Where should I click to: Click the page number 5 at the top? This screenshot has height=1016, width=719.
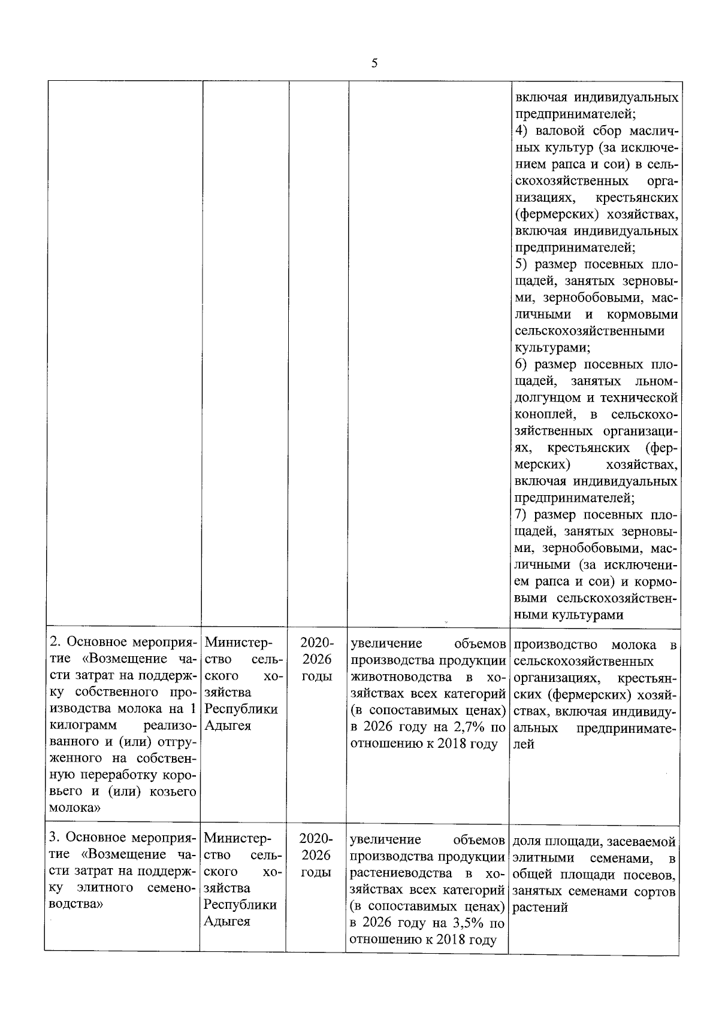click(374, 63)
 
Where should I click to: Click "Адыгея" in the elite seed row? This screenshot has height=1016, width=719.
click(227, 921)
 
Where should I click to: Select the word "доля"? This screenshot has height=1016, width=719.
click(526, 841)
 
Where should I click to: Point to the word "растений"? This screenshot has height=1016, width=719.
click(540, 907)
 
